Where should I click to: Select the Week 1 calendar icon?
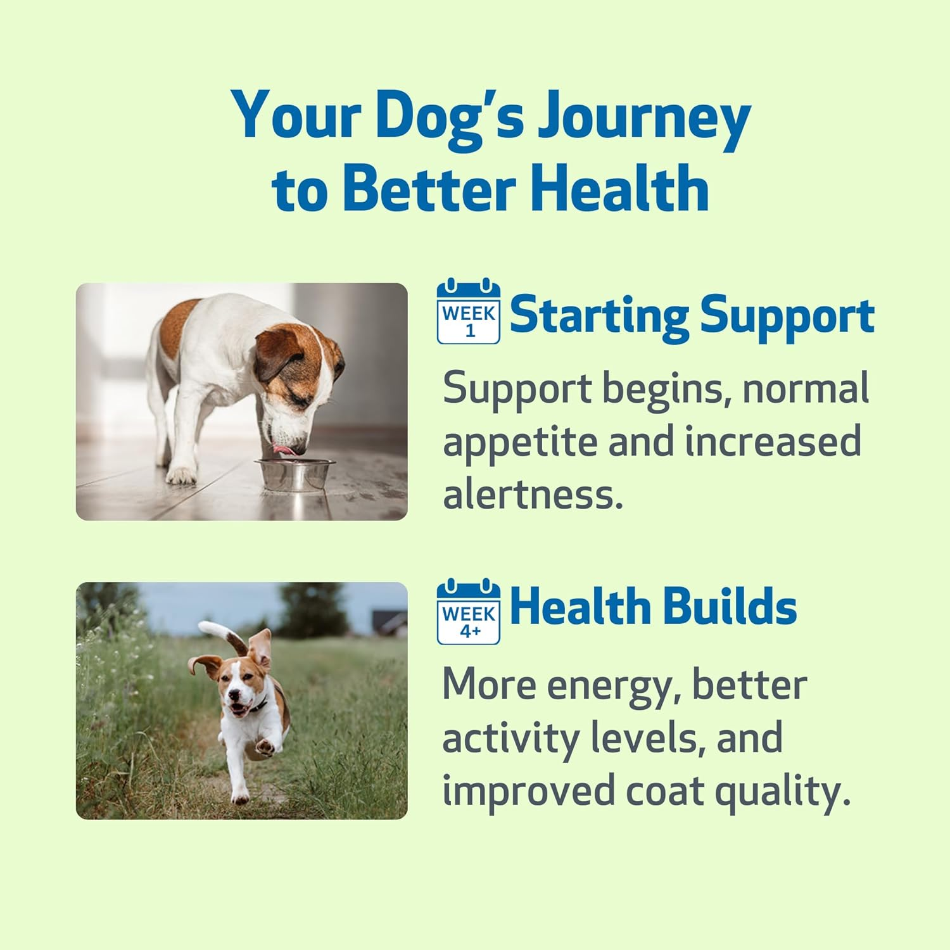click(x=469, y=311)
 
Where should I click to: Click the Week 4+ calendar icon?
click(x=469, y=611)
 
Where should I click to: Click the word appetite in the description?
click(x=520, y=441)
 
